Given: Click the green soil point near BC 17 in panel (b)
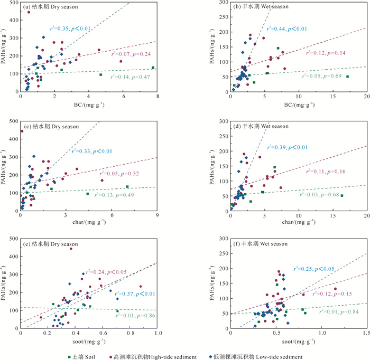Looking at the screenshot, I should (347, 77).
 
